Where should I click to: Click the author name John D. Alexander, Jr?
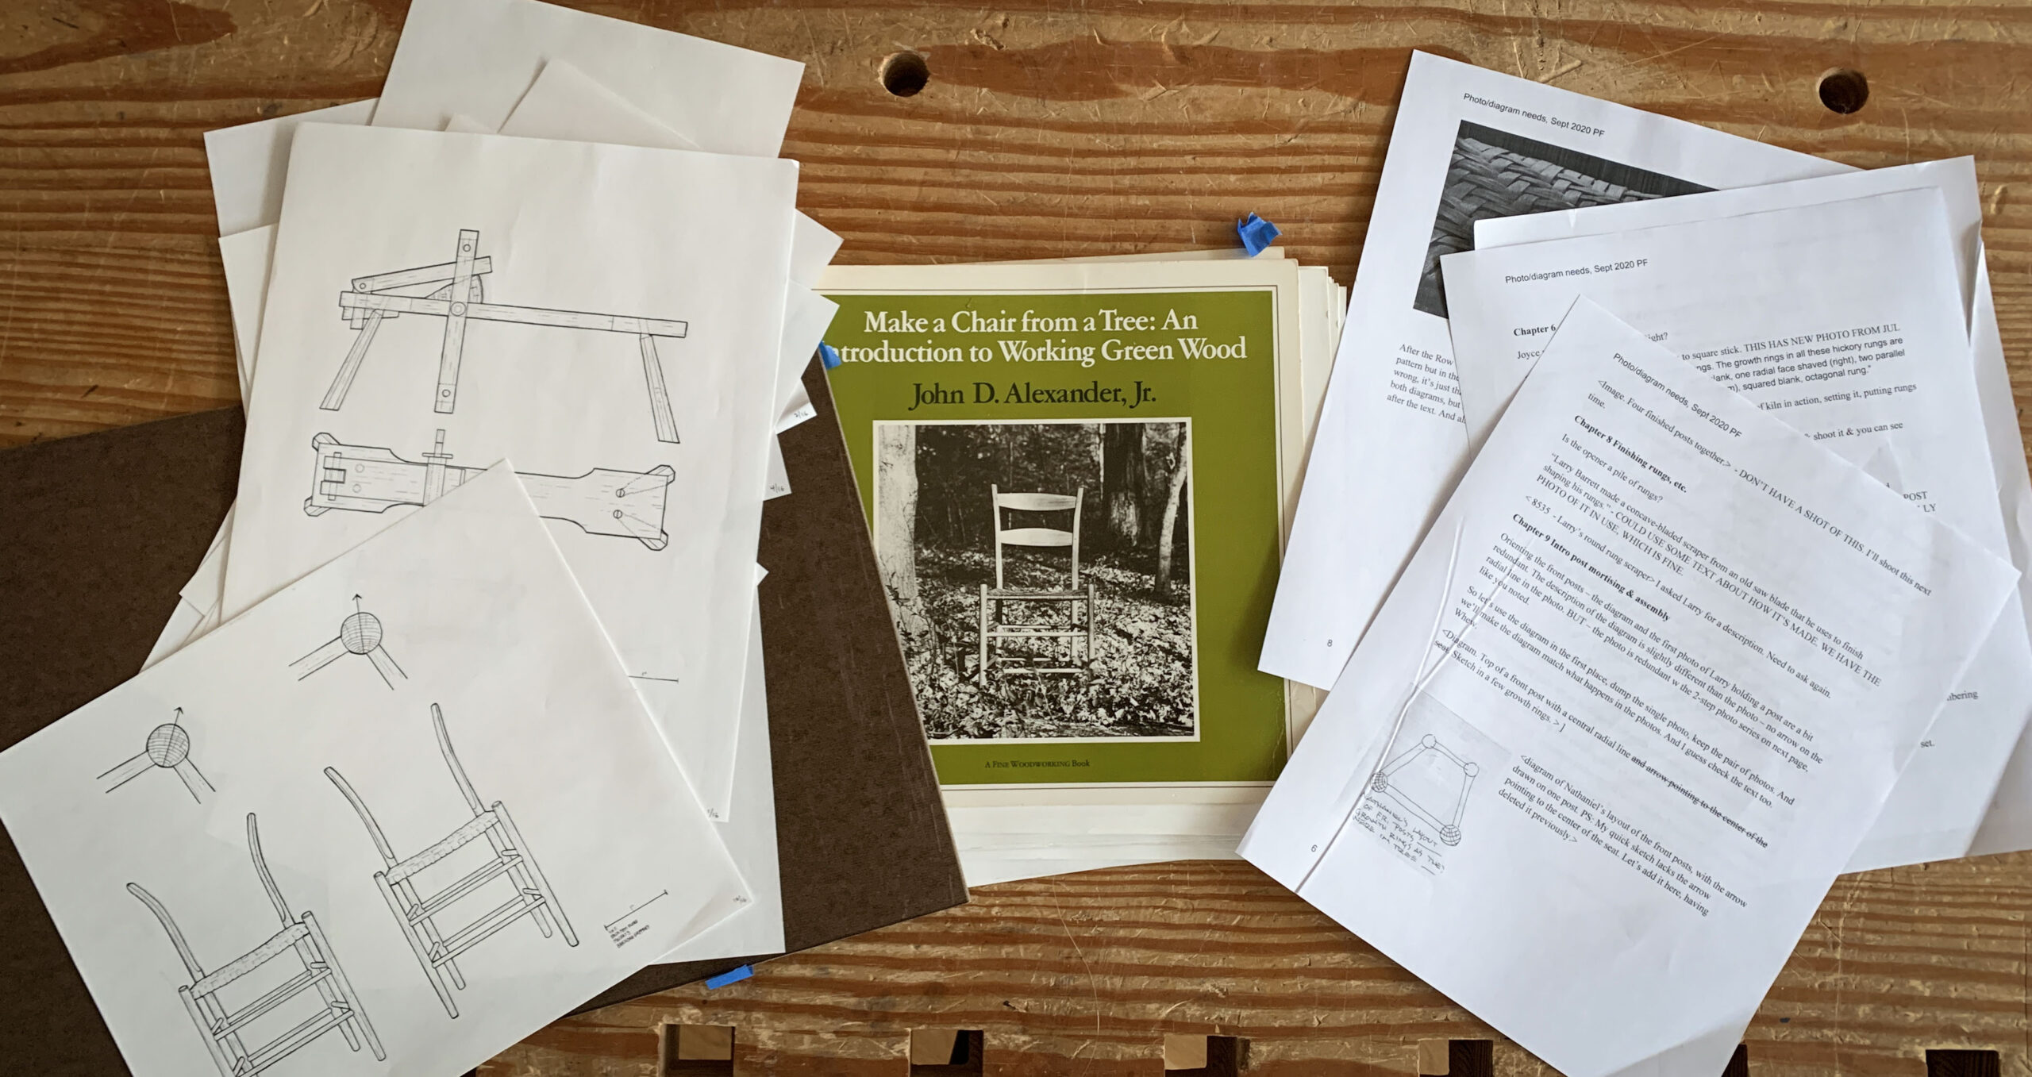tap(1031, 394)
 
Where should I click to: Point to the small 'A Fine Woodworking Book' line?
tap(1037, 764)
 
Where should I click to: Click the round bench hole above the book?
tap(906, 75)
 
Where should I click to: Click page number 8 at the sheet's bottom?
tap(1330, 643)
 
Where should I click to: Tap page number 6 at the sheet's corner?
tap(1313, 848)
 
